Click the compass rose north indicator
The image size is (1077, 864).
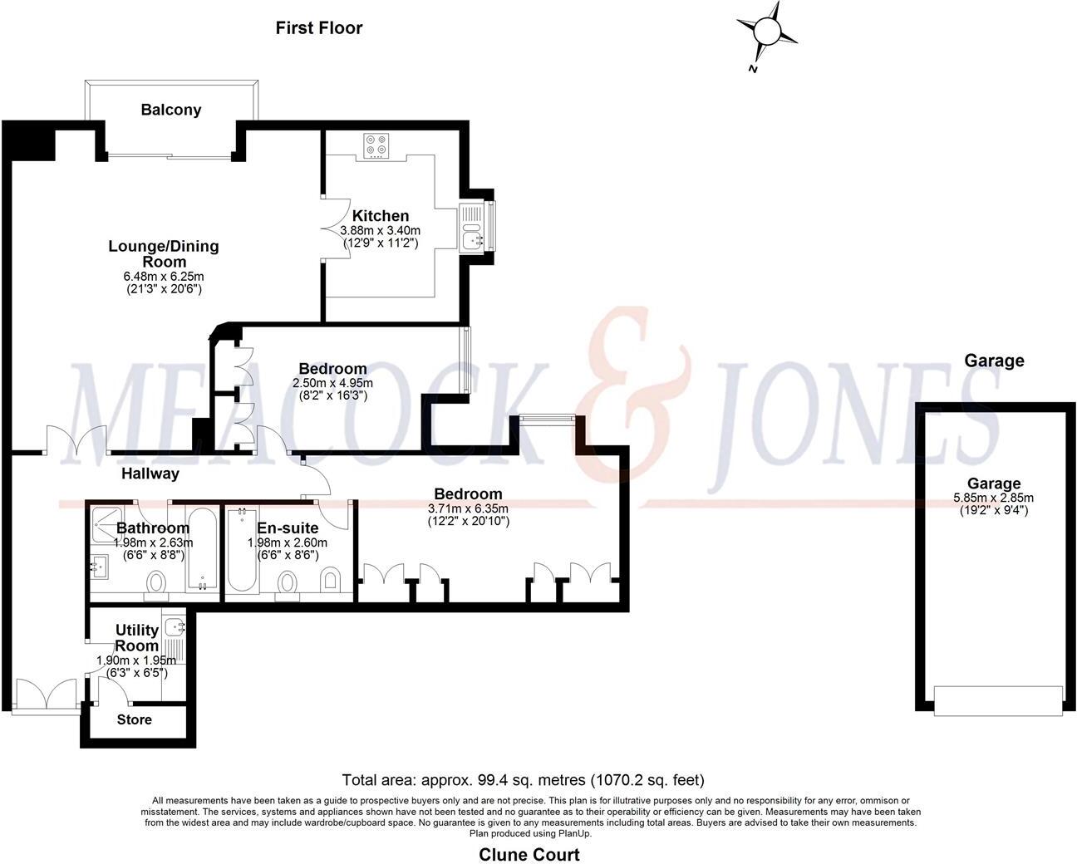766,32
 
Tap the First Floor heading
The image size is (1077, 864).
319,28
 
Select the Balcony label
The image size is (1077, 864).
170,110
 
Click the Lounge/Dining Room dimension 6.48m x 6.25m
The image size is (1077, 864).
163,276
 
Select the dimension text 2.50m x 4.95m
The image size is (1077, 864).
332,383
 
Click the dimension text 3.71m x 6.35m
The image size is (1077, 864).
468,508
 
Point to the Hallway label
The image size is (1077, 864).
150,474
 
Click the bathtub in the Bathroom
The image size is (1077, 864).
202,550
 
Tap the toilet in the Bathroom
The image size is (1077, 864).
156,584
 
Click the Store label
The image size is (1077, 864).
135,719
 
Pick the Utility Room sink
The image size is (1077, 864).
175,627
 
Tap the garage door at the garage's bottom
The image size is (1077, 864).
997,700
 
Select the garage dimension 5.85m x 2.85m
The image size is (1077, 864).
993,498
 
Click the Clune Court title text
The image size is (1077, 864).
529,854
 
